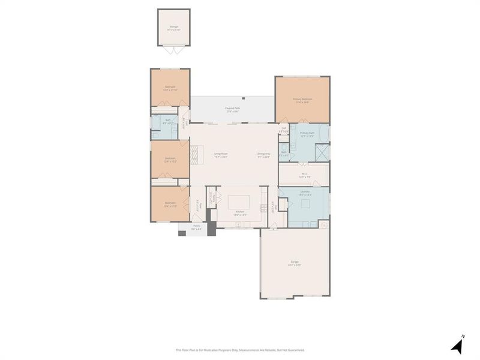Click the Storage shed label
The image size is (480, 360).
click(174, 28)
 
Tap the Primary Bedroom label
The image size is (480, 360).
click(302, 100)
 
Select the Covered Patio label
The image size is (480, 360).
click(233, 110)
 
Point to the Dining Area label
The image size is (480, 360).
click(264, 155)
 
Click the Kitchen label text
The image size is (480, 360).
click(239, 213)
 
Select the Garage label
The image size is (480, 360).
click(294, 263)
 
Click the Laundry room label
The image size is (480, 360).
click(305, 193)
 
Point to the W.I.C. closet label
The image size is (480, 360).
click(305, 175)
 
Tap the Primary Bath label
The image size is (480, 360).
click(307, 134)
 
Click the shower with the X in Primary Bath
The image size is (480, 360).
click(322, 152)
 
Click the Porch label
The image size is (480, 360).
click(196, 228)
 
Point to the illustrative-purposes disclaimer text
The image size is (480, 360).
click(240, 350)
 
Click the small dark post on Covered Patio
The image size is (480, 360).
click(244, 97)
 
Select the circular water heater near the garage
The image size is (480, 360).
click(323, 226)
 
